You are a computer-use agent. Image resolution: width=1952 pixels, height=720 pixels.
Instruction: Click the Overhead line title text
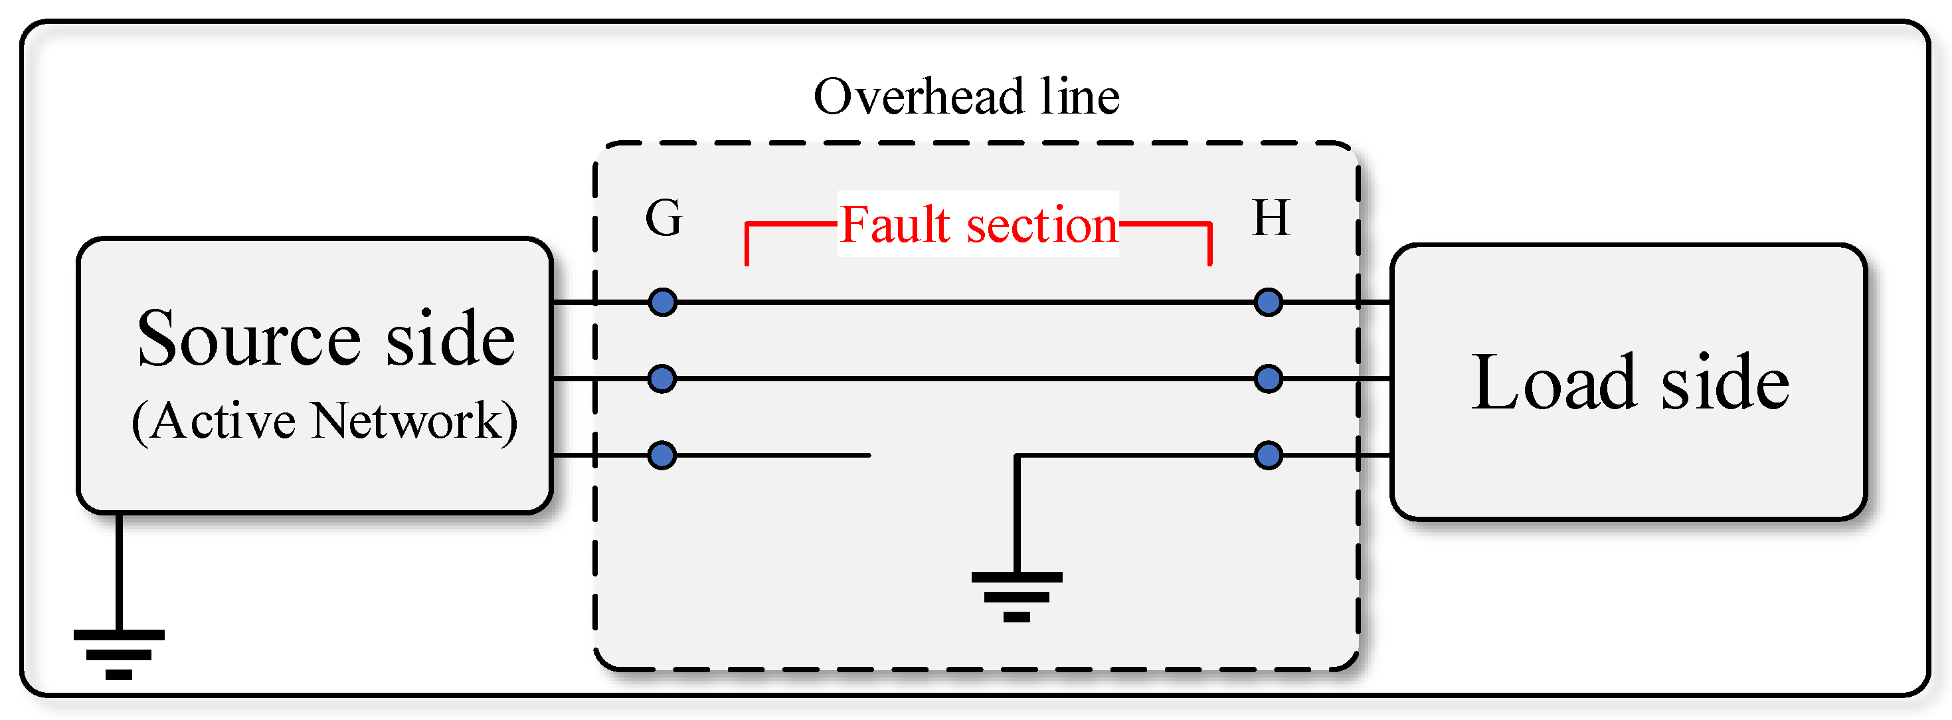pos(966,97)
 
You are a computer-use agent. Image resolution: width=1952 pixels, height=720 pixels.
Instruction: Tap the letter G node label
pos(663,219)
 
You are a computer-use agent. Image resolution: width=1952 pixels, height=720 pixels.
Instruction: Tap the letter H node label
pos(1271,219)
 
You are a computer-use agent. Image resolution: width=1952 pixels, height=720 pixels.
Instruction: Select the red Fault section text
pos(978,225)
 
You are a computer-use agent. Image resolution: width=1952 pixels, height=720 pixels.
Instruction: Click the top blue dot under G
pos(662,302)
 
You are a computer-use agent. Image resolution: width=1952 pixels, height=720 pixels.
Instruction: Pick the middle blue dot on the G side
pos(662,378)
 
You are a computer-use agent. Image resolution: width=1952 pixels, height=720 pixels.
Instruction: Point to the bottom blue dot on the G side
pos(662,456)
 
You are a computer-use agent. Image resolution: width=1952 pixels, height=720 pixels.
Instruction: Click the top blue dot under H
pos(1268,302)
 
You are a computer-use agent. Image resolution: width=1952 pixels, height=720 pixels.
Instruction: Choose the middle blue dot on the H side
pos(1268,378)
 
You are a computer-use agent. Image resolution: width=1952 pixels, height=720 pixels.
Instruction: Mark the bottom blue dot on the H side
pos(1268,456)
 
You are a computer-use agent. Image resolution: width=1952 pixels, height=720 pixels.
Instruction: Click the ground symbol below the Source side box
pos(119,654)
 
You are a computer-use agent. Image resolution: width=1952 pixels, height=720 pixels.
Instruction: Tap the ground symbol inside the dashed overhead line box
pos(1016,596)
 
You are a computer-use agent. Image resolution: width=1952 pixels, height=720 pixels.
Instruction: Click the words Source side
pos(326,339)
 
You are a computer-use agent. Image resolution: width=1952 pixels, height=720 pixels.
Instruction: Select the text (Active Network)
pos(324,421)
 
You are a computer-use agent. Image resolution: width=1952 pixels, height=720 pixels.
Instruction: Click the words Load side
pos(1630,383)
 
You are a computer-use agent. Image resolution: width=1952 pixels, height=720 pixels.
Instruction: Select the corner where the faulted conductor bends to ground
pos(1017,456)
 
